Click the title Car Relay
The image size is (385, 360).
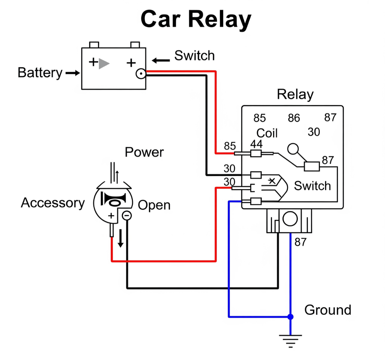click(196, 20)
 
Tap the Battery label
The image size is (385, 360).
click(40, 73)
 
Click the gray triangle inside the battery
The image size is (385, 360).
click(104, 63)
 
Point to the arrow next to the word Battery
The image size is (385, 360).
click(73, 73)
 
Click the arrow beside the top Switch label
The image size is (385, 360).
click(161, 60)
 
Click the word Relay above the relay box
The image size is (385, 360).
click(295, 95)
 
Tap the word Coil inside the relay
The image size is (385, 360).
click(267, 133)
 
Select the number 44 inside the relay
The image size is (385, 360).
click(256, 144)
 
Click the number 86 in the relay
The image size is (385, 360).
click(294, 118)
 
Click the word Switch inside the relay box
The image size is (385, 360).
click(312, 186)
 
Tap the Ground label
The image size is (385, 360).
click(328, 310)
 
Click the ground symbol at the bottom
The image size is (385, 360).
click(291, 340)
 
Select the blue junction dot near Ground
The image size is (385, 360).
click(291, 317)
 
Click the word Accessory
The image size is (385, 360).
click(53, 203)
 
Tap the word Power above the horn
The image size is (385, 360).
click(144, 152)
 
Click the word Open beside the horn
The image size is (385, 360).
click(154, 205)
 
